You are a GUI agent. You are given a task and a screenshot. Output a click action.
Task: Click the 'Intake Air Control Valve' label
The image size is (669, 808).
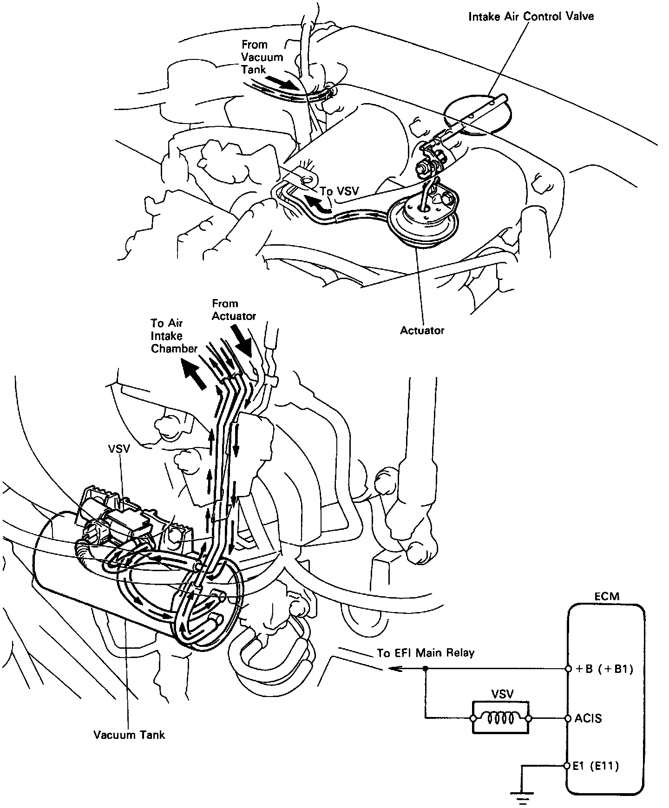(531, 17)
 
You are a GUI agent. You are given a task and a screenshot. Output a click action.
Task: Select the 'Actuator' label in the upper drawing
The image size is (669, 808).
(422, 330)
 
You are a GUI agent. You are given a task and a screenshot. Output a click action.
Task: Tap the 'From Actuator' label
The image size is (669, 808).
(234, 310)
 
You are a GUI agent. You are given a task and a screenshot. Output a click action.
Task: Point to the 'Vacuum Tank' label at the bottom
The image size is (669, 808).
(129, 735)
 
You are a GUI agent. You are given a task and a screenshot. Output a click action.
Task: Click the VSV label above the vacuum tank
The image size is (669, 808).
(119, 450)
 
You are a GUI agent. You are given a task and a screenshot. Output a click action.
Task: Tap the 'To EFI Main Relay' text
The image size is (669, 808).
(426, 653)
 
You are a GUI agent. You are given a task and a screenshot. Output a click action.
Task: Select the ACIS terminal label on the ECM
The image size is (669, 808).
(588, 718)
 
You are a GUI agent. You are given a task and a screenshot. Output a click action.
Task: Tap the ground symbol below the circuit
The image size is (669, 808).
(523, 799)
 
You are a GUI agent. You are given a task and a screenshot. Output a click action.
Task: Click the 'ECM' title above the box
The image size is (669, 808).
(607, 596)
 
